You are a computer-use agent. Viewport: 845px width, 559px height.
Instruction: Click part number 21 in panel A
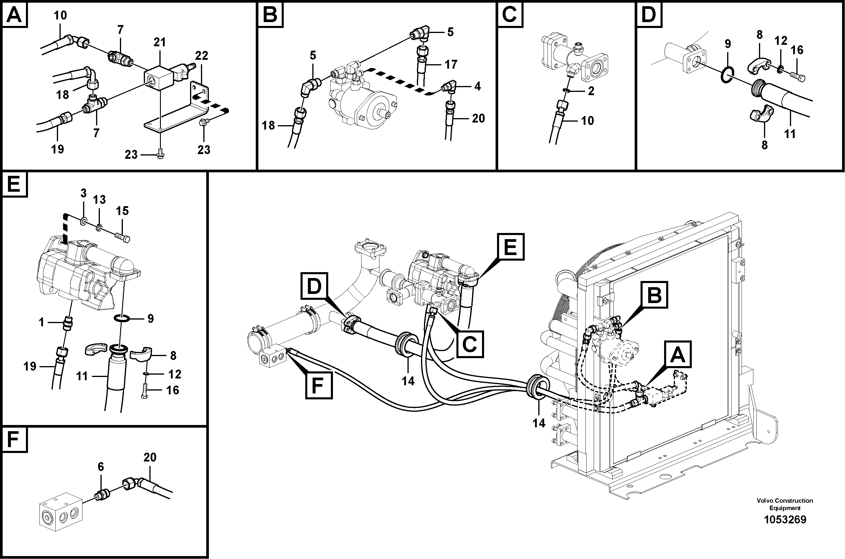coord(159,43)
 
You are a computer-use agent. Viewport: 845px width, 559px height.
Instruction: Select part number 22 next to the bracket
coord(202,56)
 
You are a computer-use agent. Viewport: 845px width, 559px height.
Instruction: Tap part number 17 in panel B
coord(451,64)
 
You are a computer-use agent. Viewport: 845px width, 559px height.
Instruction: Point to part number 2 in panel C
coord(591,91)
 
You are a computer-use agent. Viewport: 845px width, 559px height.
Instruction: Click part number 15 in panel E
coord(122,211)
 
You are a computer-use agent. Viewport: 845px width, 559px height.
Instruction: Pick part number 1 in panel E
coord(41,322)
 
